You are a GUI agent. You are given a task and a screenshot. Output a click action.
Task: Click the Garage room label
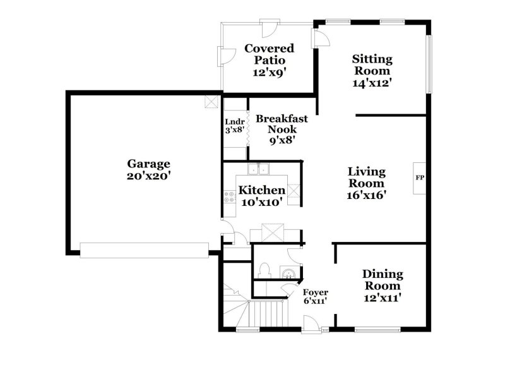click(148, 164)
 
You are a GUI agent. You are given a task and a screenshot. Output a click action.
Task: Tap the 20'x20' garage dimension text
click(148, 176)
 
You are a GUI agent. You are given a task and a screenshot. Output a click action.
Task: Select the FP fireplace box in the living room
click(419, 177)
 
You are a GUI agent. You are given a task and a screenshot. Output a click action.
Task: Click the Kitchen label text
click(261, 190)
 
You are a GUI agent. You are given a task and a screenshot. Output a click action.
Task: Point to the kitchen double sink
click(258, 169)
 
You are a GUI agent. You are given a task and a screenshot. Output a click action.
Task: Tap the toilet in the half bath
click(264, 271)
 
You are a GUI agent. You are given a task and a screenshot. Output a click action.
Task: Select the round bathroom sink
click(288, 273)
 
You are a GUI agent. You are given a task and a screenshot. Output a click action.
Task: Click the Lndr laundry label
click(234, 123)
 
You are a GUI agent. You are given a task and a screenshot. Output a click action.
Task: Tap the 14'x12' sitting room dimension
click(372, 83)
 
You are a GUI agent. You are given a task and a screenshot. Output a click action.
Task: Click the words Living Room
click(367, 177)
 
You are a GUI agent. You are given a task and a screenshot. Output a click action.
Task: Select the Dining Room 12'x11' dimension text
click(383, 297)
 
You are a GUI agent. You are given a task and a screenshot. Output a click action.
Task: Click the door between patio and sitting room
click(321, 37)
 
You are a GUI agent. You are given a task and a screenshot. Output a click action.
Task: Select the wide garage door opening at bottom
click(144, 250)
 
